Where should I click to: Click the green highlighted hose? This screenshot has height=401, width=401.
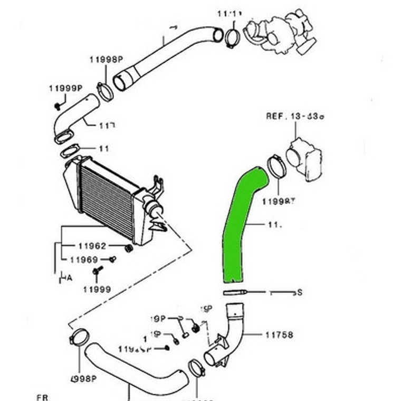238,227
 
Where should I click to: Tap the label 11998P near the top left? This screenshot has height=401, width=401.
106,60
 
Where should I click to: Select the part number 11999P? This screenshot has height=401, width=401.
65,88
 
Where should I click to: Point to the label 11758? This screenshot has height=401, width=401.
279,335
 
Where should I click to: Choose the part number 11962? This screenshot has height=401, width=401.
92,246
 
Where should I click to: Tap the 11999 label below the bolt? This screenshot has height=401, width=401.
97,289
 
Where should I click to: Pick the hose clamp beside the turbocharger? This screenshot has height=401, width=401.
232,39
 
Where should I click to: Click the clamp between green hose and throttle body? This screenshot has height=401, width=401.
276,166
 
